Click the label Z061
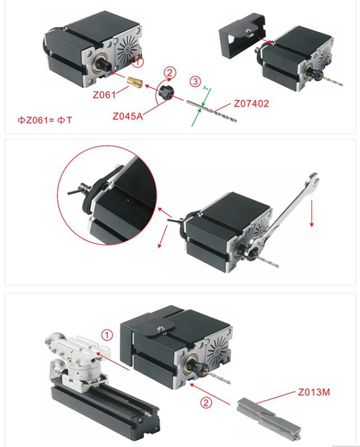105,95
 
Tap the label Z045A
128,115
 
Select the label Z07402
251,104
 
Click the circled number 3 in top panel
194,82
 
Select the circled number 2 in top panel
169,72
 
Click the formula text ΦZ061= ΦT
45,120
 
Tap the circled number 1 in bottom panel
107,335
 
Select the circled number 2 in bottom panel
205,403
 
